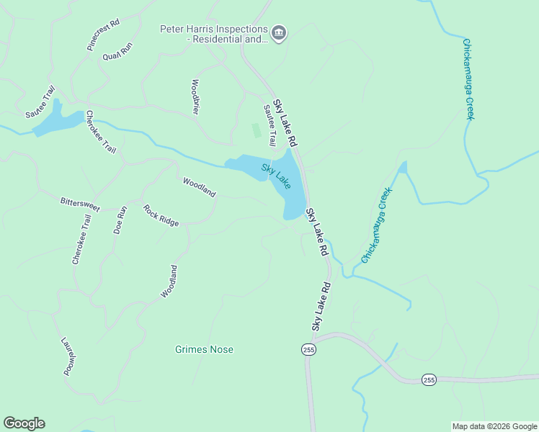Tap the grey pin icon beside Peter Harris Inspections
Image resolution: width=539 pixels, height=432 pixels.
[x=279, y=32]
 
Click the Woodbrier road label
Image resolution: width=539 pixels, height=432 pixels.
[x=195, y=96]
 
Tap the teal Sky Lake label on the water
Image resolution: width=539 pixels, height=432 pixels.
[x=276, y=176]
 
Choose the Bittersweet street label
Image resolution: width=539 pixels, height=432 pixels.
[x=80, y=204]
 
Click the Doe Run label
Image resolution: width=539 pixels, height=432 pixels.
[x=120, y=220]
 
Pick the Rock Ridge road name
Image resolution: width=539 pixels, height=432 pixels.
[x=161, y=216]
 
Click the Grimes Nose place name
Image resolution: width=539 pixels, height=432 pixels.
[x=204, y=350]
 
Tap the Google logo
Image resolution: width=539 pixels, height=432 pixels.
[x=24, y=423]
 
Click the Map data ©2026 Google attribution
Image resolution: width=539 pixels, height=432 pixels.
[x=494, y=426]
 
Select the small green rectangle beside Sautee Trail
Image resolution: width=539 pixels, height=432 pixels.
[x=256, y=131]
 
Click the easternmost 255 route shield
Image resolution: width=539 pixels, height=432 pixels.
[x=429, y=379]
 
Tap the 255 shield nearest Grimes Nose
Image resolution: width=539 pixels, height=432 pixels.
[x=308, y=349]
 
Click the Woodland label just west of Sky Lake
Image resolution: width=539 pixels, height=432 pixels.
[x=199, y=187]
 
